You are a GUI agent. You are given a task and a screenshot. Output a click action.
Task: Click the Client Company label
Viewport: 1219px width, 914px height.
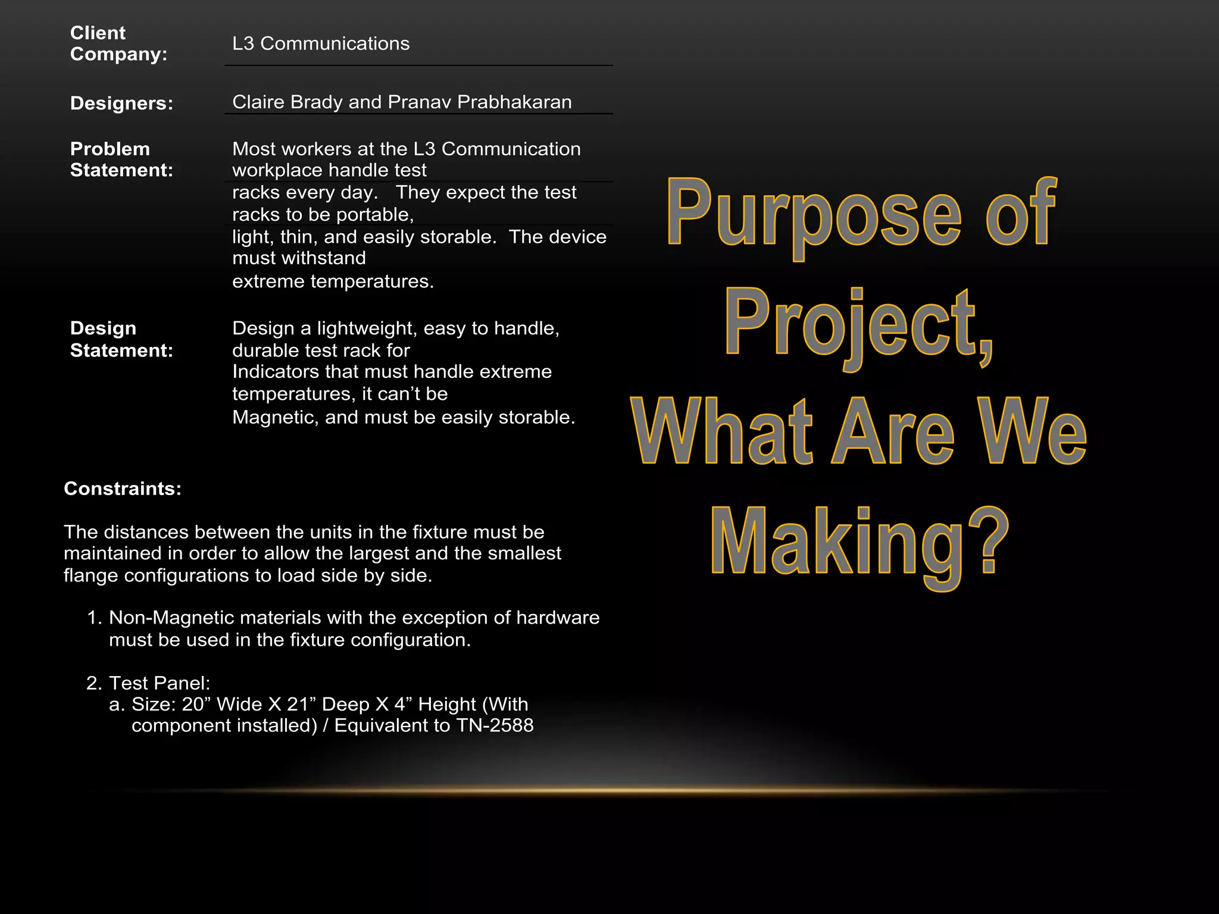(x=118, y=43)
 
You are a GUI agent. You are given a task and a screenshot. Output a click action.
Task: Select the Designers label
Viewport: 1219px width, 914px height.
(x=121, y=103)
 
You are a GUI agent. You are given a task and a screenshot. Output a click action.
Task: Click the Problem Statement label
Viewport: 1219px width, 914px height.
(x=121, y=159)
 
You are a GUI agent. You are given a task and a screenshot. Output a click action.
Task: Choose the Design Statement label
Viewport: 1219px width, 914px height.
(x=121, y=339)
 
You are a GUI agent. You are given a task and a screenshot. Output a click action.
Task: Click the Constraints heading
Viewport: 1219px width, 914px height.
(x=122, y=489)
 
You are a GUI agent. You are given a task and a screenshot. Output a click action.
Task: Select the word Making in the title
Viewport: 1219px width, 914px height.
(x=836, y=542)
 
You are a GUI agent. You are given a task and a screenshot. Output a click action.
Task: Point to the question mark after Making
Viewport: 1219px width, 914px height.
(x=988, y=539)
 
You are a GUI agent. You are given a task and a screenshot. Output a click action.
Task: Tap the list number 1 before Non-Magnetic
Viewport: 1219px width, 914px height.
(x=93, y=618)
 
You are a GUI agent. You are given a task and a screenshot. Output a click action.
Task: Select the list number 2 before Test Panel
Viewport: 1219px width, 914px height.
(x=93, y=683)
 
